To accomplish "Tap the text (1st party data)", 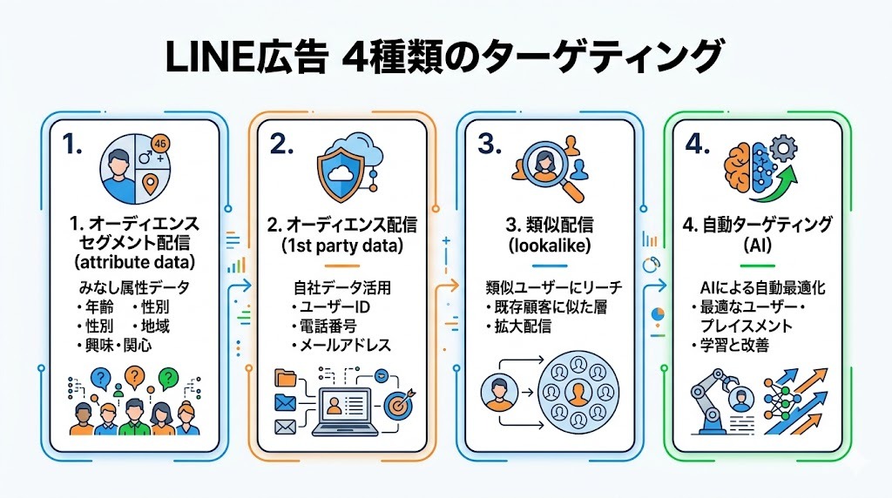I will pyautogui.click(x=341, y=246).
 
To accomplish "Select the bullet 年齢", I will pyautogui.click(x=96, y=306).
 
